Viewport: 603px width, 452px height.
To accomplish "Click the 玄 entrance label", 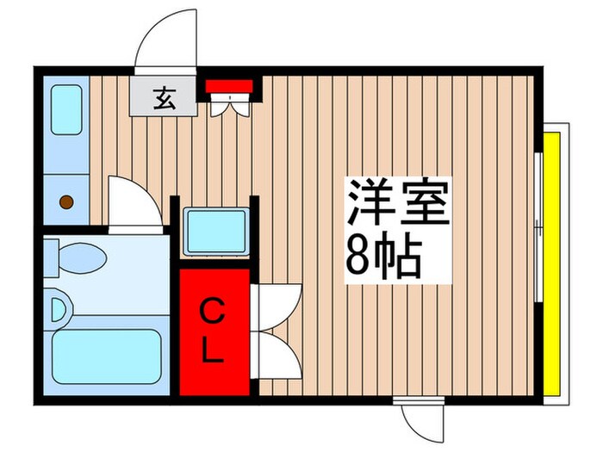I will click(162, 98).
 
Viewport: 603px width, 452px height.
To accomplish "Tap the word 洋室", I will click(398, 202).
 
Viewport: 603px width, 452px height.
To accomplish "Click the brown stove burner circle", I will click(65, 202).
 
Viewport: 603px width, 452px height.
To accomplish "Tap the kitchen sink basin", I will click(65, 109).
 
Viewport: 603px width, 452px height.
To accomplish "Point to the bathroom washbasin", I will click(59, 308).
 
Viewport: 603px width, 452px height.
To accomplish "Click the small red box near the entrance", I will click(229, 85).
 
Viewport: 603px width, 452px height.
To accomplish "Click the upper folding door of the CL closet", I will click(277, 302).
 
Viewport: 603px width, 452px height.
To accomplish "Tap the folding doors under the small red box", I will click(230, 104).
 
